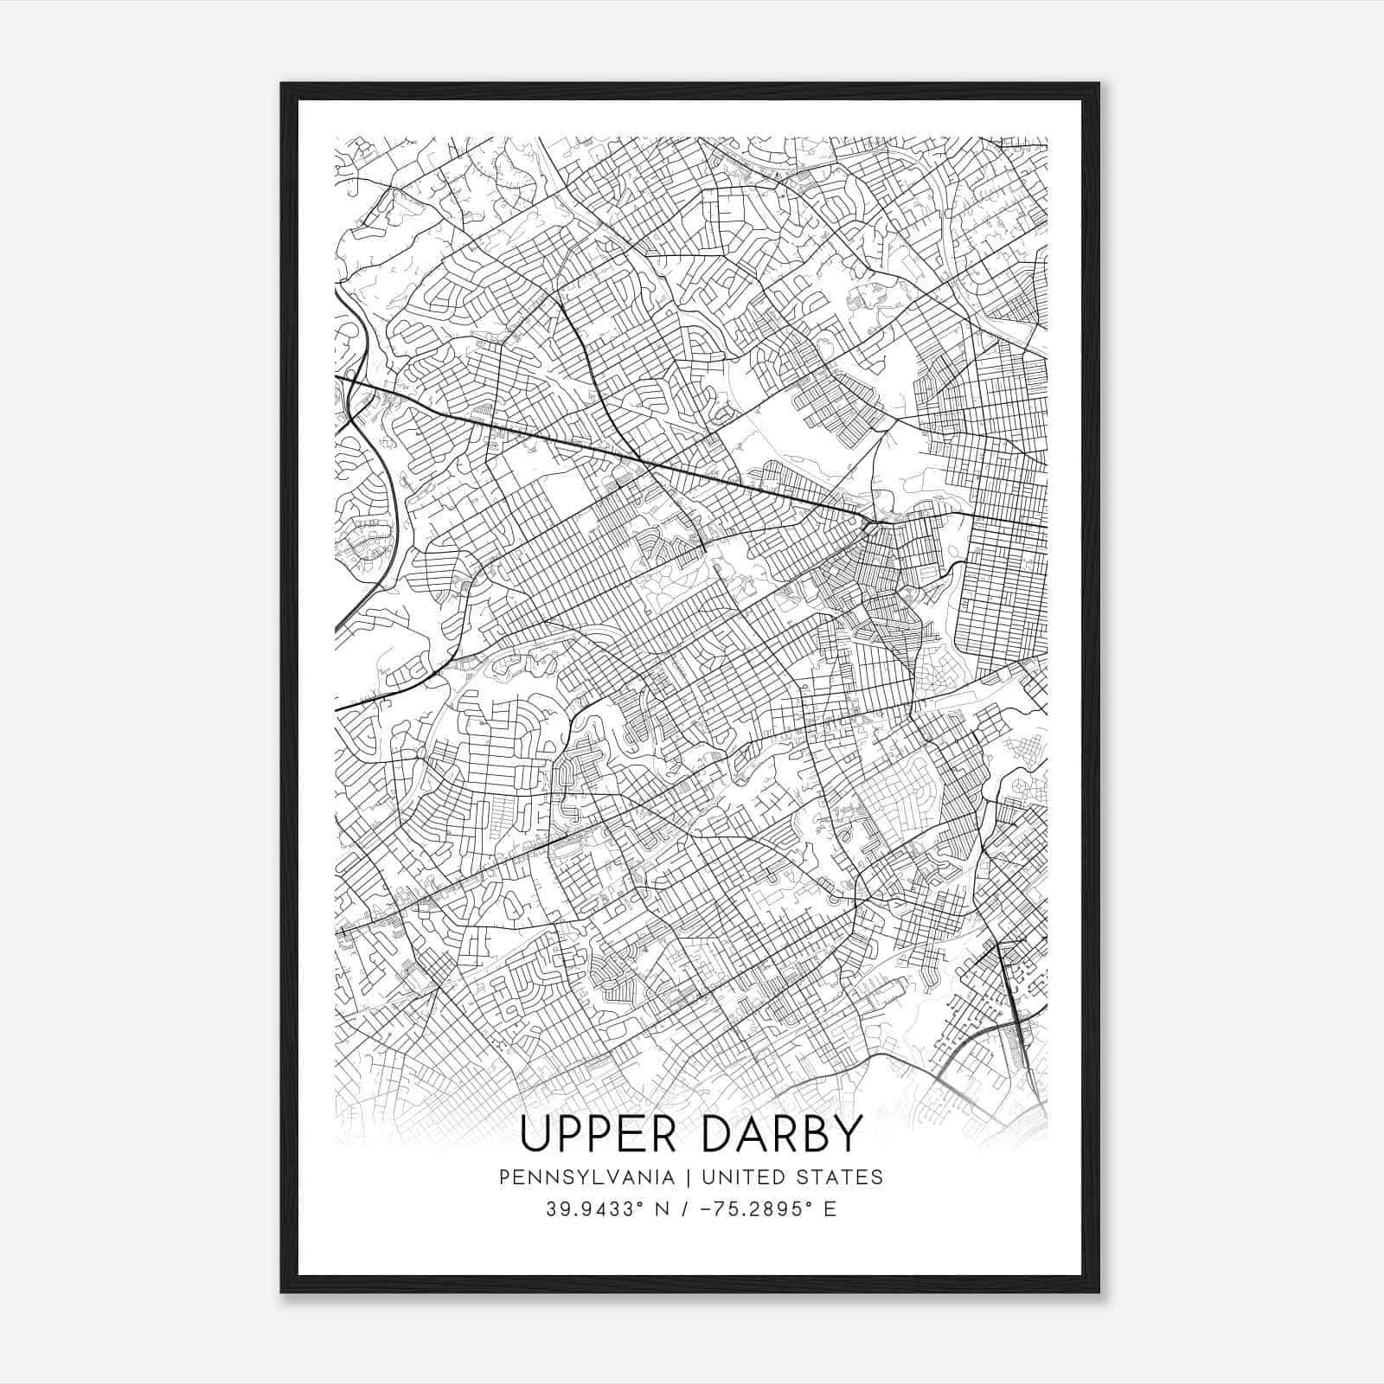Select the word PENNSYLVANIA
coord(586,1176)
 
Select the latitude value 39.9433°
coord(588,1209)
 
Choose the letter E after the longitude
coord(830,1209)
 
